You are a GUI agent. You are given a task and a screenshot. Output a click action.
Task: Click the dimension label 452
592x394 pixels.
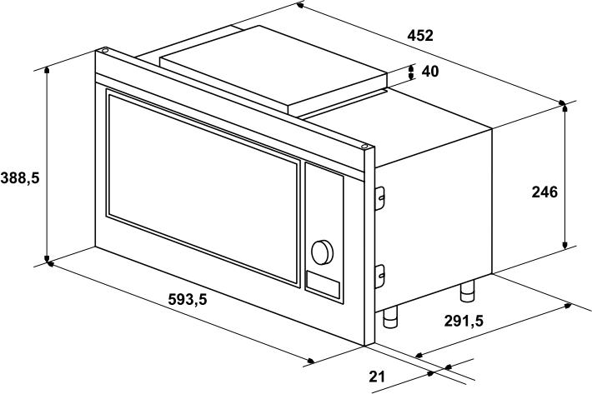[x=420, y=36]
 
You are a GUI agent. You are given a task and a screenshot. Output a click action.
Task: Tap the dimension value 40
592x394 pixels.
[x=430, y=72]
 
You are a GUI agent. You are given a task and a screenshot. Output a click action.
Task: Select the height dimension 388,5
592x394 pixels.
[x=20, y=177]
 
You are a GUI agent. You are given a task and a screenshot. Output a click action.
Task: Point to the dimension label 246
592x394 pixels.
[x=544, y=192]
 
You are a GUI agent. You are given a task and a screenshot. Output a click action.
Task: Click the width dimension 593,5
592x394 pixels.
[x=188, y=300]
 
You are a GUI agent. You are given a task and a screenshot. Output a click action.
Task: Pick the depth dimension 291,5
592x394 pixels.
[x=464, y=321]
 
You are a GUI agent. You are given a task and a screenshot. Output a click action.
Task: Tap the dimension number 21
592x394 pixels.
[x=377, y=377]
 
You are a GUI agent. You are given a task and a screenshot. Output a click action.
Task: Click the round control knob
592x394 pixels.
[x=322, y=252]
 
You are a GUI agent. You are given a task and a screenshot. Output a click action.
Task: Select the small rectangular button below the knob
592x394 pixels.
[x=323, y=285]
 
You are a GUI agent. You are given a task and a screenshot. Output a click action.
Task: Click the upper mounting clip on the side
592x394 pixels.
[x=379, y=198]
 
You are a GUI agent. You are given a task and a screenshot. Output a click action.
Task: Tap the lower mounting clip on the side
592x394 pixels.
[x=379, y=277]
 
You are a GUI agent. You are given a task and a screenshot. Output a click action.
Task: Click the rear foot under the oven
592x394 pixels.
[x=468, y=291]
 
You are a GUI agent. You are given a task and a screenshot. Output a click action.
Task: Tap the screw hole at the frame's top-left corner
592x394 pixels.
[x=104, y=50]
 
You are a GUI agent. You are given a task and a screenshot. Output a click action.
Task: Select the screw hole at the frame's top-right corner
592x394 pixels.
[x=364, y=147]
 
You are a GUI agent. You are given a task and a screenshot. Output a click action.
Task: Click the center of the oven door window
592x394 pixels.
[x=203, y=187]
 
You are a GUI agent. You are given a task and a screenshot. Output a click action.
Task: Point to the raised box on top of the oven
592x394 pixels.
[x=274, y=69]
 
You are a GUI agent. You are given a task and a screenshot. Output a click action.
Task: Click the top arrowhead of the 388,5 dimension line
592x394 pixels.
[x=47, y=71]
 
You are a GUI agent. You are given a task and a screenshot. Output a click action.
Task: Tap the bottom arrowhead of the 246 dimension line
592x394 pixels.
[x=564, y=245]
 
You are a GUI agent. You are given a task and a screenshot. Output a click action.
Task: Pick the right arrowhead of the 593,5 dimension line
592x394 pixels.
[x=310, y=362]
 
